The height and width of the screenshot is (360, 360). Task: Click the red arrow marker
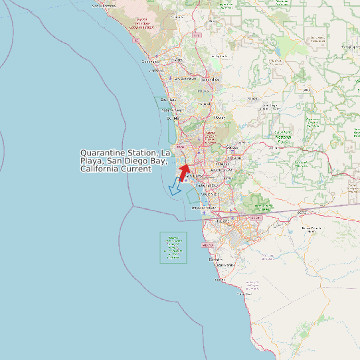click(184, 171)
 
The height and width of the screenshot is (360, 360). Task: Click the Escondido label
click(211, 79)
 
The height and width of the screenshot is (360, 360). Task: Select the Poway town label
click(219, 118)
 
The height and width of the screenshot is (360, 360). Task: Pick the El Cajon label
click(235, 158)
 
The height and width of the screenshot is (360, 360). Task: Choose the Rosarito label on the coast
click(215, 260)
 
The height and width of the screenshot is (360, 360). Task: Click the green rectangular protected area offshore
click(173, 247)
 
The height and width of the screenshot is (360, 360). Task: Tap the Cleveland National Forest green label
click(313, 123)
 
